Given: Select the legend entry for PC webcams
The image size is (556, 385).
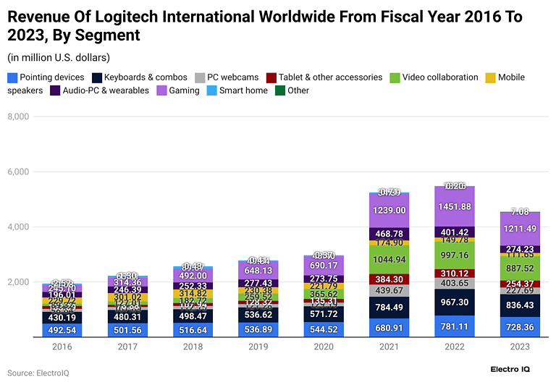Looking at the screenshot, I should click(232, 77).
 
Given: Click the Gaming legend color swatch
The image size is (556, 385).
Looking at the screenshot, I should click(163, 90).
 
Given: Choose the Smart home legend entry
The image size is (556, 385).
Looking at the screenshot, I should click(243, 90).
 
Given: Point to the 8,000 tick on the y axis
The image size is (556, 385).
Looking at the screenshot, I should click(17, 117).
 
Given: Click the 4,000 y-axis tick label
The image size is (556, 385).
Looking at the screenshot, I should click(17, 227).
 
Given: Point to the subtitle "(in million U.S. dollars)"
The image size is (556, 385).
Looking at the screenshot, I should click(59, 57).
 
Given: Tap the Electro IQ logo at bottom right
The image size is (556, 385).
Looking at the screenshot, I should click(515, 370).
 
